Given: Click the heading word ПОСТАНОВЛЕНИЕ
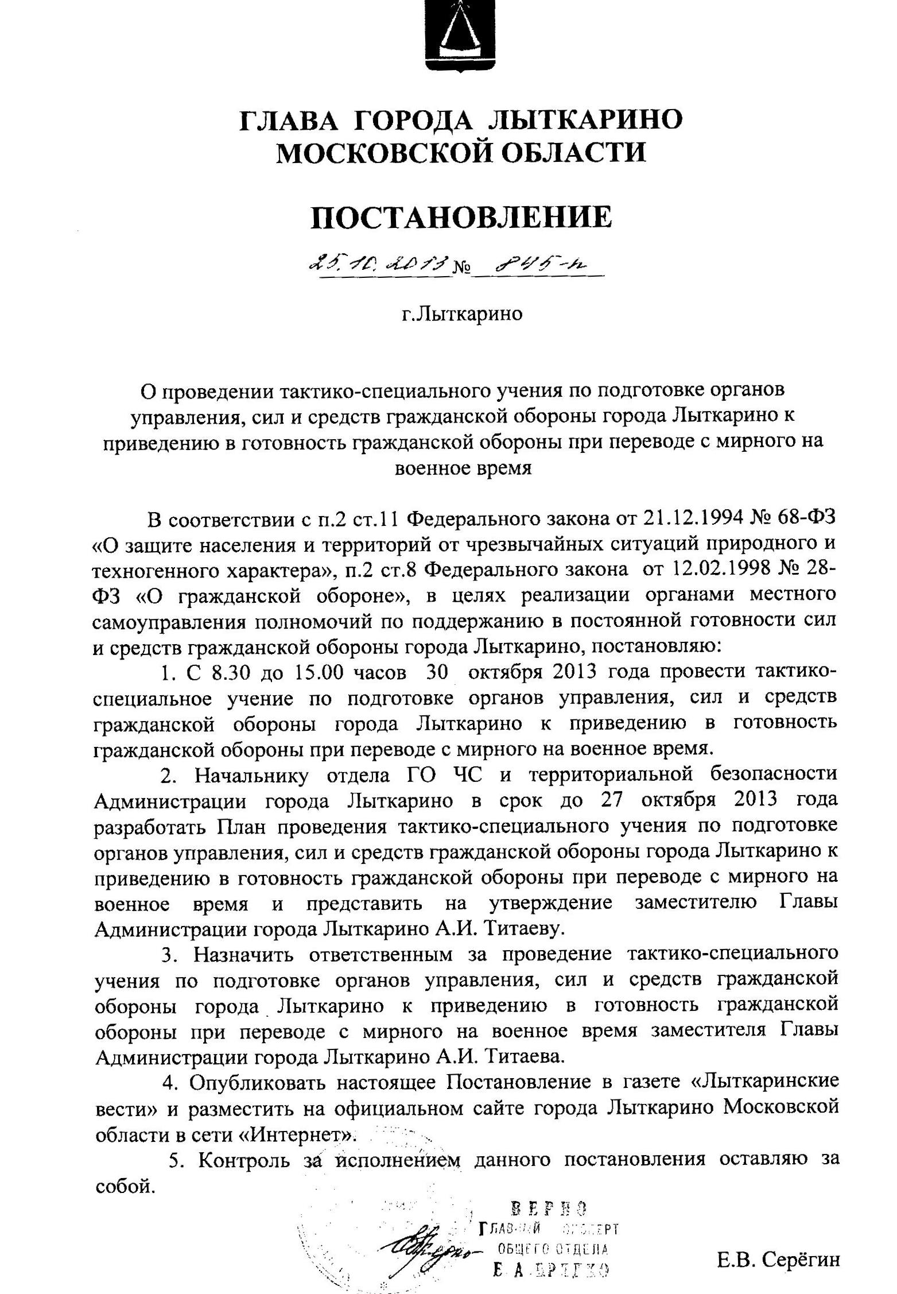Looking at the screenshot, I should tap(461, 218).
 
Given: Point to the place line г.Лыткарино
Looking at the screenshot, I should tap(462, 314).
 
